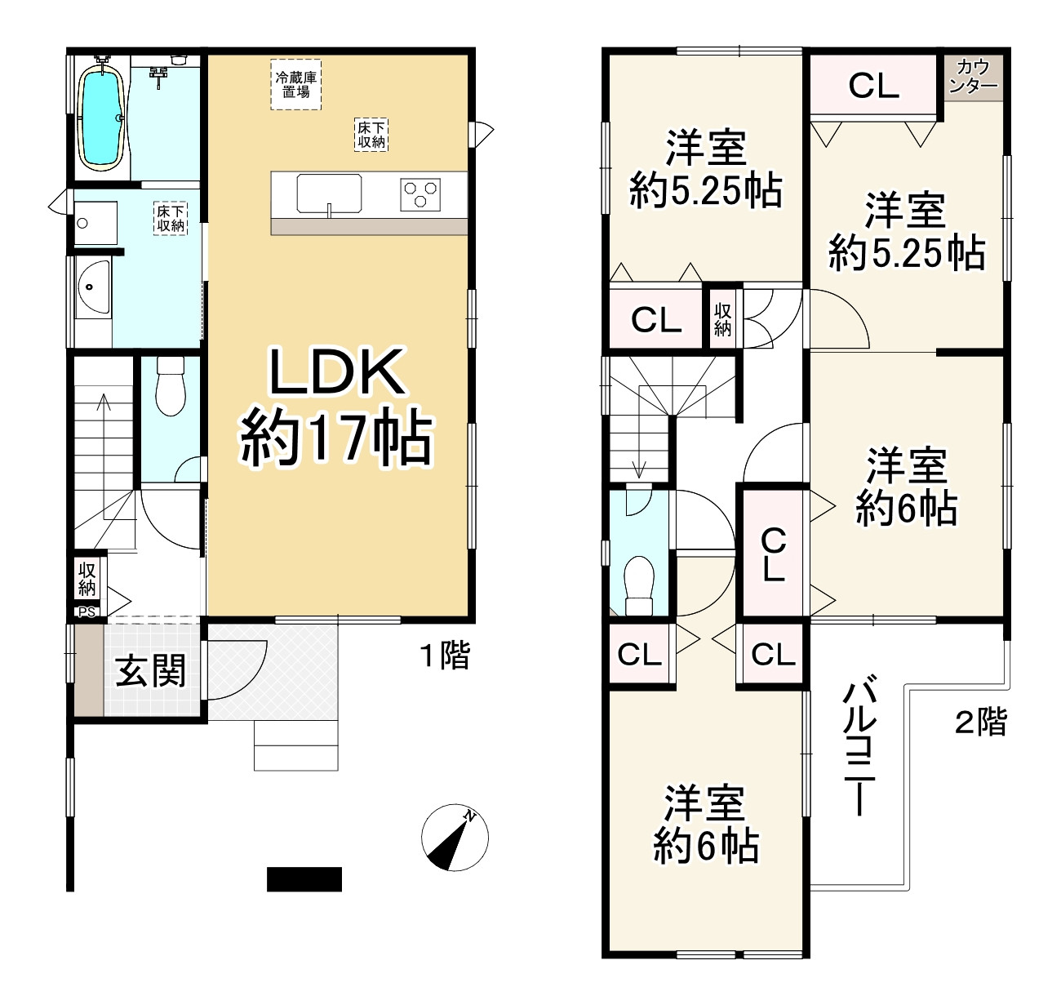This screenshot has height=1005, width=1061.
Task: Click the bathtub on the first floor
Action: point(102,118)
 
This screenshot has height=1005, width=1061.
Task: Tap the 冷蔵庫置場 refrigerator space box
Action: point(296,85)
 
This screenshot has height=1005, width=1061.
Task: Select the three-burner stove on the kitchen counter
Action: point(420,195)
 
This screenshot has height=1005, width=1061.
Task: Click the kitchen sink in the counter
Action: point(329,194)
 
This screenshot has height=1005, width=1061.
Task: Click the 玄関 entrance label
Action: point(151,671)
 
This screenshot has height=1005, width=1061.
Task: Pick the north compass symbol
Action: point(455,837)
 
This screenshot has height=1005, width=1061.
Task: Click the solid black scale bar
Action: point(304,878)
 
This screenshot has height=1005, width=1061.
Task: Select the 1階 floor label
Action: point(445,656)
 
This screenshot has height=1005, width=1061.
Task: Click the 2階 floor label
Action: point(981,722)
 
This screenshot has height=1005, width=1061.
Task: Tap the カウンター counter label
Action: point(973,76)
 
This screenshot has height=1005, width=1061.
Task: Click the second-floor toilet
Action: point(638,581)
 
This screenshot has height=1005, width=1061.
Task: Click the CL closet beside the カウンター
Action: point(873,85)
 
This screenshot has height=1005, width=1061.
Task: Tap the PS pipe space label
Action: point(87,611)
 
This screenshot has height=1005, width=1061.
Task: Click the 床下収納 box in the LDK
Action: point(371,135)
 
